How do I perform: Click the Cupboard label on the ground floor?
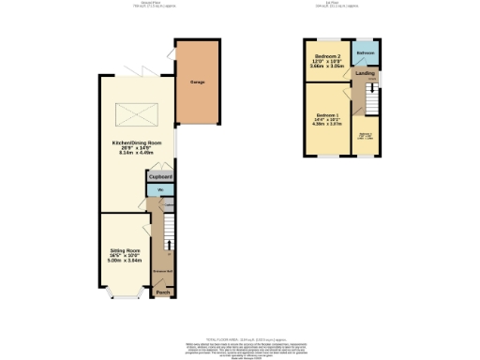click(x=160, y=176)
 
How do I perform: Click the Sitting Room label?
click(x=124, y=250)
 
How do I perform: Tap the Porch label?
click(x=162, y=292)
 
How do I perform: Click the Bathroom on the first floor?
click(x=365, y=53)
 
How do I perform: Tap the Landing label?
click(x=366, y=73)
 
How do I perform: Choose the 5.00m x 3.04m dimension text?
click(x=124, y=262)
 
